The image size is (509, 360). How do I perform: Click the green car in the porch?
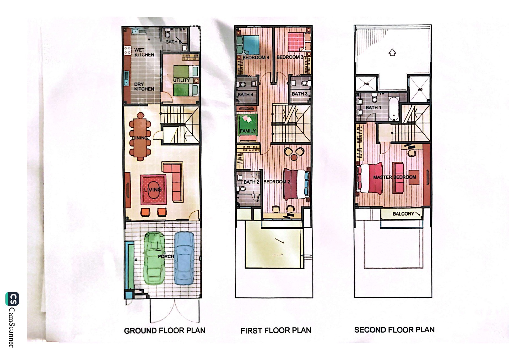coord(154,258)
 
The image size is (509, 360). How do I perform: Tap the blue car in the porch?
coord(184,258)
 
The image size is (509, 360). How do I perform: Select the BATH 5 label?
coord(173,42)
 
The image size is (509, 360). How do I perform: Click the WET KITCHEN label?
coord(144,52)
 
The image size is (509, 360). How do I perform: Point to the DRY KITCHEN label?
coord(144,87)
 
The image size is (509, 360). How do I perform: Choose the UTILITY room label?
coord(182,80)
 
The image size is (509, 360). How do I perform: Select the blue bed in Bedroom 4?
coord(248,44)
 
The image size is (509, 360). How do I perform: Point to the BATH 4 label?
coord(245,95)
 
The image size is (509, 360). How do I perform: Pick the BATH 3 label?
coord(299,94)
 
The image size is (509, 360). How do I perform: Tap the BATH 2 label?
coord(251,182)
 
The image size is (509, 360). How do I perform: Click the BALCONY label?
coord(403,214)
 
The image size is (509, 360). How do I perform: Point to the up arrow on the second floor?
coord(392,52)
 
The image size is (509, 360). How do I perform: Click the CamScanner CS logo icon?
coord(12,299)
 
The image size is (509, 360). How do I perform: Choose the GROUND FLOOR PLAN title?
coord(165,331)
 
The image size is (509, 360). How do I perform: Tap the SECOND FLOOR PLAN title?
coord(394,330)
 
